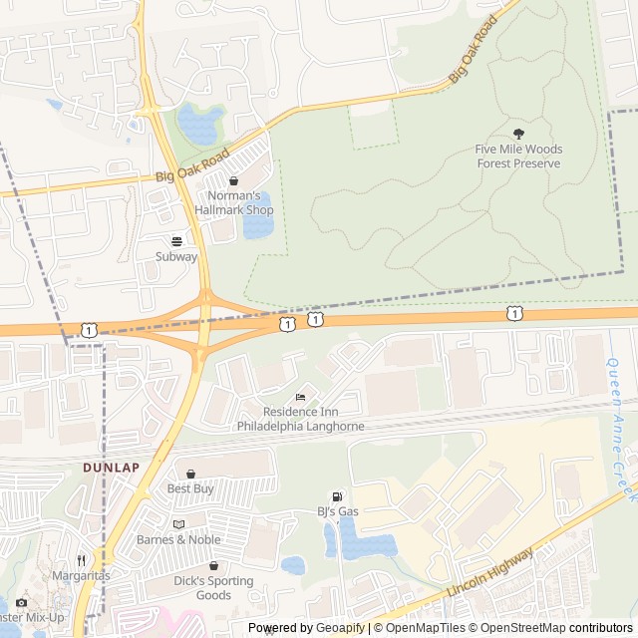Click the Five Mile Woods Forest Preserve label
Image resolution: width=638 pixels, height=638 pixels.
(518, 157)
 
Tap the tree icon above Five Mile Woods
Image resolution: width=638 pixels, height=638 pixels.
(517, 134)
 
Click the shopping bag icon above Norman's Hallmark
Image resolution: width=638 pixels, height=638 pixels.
(233, 181)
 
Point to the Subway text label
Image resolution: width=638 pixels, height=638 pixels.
(176, 256)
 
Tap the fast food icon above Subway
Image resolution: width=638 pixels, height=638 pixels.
(177, 240)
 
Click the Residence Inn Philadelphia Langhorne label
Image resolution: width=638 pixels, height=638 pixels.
(300, 419)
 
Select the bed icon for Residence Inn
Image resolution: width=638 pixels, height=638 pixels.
(301, 398)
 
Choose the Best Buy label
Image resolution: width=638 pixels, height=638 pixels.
(190, 488)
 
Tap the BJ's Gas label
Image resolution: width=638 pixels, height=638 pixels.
(338, 512)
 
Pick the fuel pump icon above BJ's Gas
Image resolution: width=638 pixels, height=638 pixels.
(337, 496)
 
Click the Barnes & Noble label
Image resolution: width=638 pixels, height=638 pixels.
(178, 539)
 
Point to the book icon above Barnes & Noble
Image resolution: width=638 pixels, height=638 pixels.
(178, 524)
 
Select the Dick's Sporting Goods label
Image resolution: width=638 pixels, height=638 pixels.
(213, 588)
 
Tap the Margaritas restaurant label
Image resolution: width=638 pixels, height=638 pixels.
(82, 575)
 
